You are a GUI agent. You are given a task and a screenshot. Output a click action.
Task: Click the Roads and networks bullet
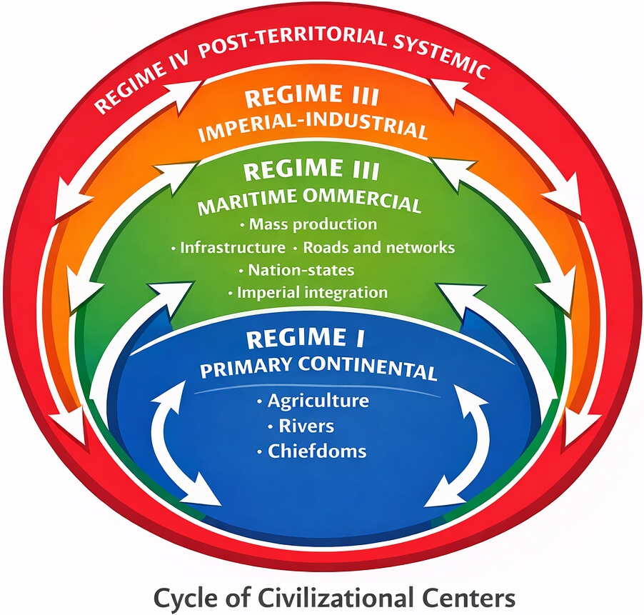pyautogui.click(x=378, y=248)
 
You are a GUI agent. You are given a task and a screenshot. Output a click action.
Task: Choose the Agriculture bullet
pyautogui.click(x=318, y=400)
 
